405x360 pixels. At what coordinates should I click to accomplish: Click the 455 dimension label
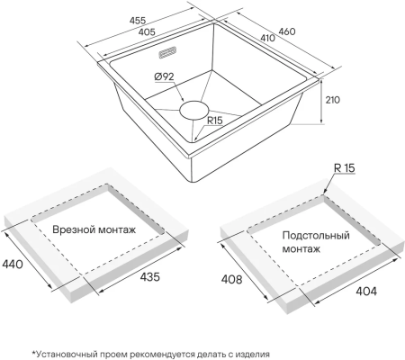click(x=138, y=21)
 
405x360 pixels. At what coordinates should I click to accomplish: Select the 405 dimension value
click(x=147, y=31)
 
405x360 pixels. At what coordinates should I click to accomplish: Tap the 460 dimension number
click(x=287, y=31)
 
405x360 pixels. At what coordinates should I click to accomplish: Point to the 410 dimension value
click(x=267, y=38)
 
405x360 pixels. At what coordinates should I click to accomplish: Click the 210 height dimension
click(x=333, y=100)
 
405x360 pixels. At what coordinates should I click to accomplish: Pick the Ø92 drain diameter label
click(x=164, y=76)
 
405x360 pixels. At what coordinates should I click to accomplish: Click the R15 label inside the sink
click(x=215, y=121)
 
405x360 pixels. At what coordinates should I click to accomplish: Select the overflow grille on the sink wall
click(x=167, y=52)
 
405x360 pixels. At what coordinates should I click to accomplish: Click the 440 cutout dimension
click(x=13, y=265)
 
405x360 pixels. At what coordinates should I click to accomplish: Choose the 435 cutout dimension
click(x=149, y=276)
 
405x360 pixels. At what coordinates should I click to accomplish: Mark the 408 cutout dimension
click(x=231, y=279)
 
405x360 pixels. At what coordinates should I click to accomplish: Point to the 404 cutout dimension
click(x=366, y=291)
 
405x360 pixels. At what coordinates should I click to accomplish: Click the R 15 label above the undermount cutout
click(x=345, y=168)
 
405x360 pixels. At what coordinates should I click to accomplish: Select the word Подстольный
click(x=316, y=236)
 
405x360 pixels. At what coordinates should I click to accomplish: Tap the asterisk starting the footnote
click(x=34, y=353)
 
